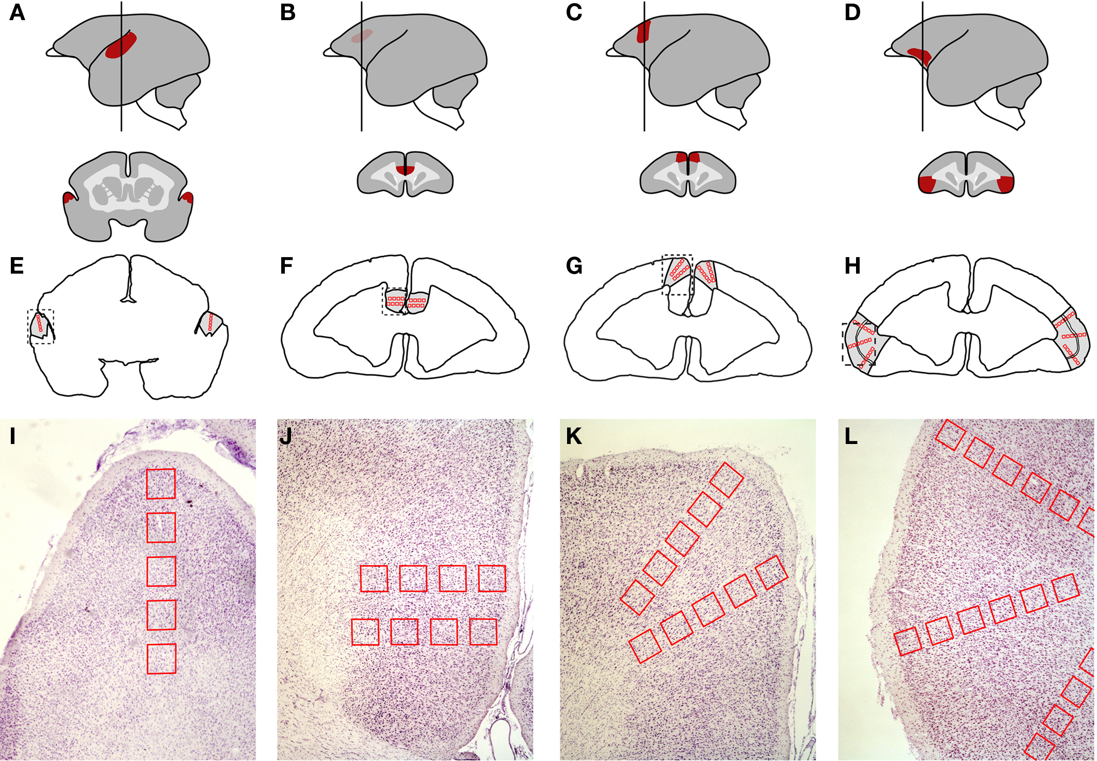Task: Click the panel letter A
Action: point(17,12)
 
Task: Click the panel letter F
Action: point(286,266)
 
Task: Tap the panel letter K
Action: point(573,437)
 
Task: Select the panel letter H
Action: point(852,266)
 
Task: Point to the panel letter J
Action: point(286,437)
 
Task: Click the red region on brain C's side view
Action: point(643,31)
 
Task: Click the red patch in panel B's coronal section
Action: point(405,170)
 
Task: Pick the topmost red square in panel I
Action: point(161,484)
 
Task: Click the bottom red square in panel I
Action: point(162,659)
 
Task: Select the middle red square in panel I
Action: point(161,572)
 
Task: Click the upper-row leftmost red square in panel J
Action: point(374,578)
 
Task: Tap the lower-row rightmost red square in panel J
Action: point(483,632)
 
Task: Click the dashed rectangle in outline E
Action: point(41,327)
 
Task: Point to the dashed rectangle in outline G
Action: point(677,274)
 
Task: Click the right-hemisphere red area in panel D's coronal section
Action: point(1005,184)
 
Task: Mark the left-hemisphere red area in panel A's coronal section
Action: point(68,199)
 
